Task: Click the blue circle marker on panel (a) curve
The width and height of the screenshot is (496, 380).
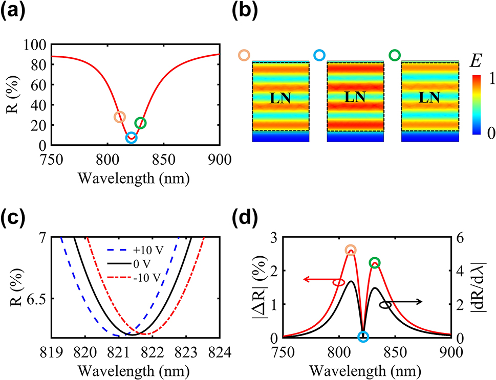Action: click(131, 138)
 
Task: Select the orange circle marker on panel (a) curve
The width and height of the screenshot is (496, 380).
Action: click(119, 117)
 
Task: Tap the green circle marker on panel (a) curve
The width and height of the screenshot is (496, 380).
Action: click(140, 123)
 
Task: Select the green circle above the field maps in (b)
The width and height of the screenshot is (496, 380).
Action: click(395, 55)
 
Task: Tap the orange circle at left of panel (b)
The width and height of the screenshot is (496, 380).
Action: click(244, 55)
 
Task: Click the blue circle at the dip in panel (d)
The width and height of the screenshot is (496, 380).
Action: click(363, 337)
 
